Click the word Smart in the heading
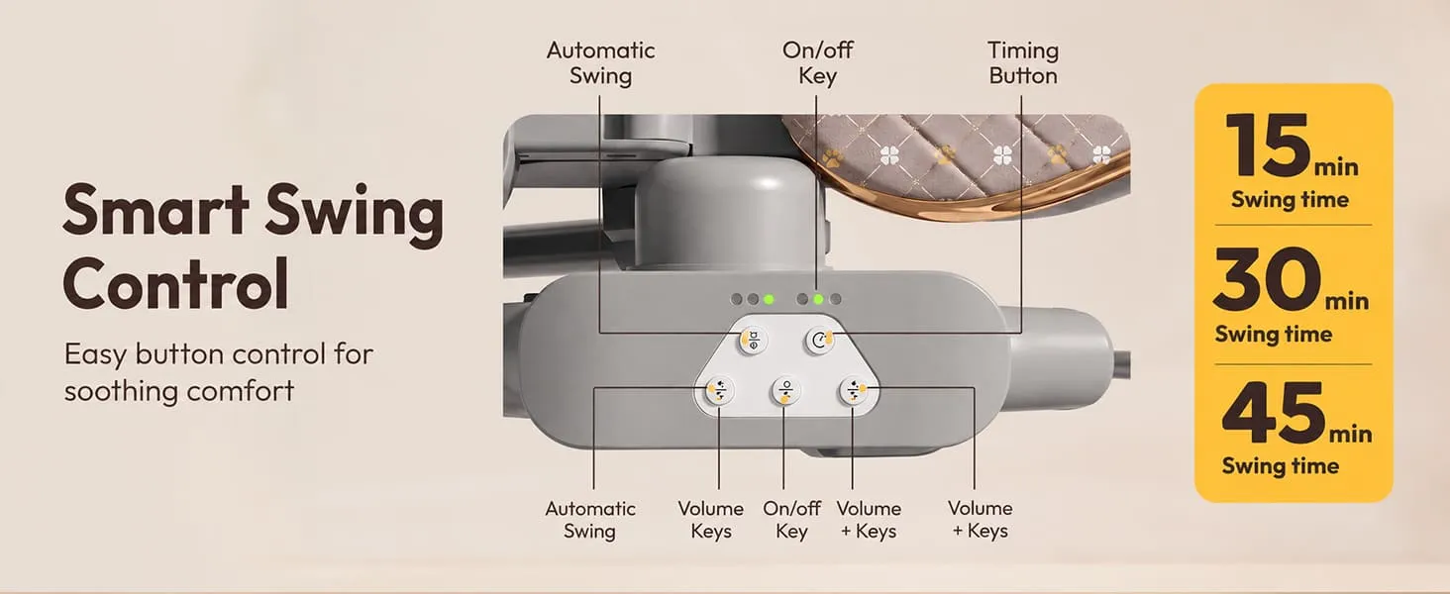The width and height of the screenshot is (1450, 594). click(x=156, y=210)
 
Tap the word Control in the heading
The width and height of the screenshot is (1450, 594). click(x=176, y=283)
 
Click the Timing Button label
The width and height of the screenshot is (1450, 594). click(x=1023, y=62)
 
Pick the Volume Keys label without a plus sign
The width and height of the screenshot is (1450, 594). click(x=711, y=519)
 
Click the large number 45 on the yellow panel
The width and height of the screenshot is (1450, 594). click(x=1273, y=412)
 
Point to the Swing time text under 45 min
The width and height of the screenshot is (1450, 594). click(x=1280, y=466)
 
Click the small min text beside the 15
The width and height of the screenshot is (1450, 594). click(x=1336, y=167)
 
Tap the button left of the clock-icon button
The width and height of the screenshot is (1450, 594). click(x=754, y=340)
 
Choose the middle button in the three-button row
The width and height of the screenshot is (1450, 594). click(x=786, y=391)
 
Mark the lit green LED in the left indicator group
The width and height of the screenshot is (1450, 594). click(x=769, y=299)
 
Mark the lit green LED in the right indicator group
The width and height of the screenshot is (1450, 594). click(x=818, y=299)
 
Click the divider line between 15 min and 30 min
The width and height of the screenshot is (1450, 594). click(x=1293, y=225)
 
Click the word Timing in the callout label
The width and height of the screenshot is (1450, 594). click(x=1023, y=51)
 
